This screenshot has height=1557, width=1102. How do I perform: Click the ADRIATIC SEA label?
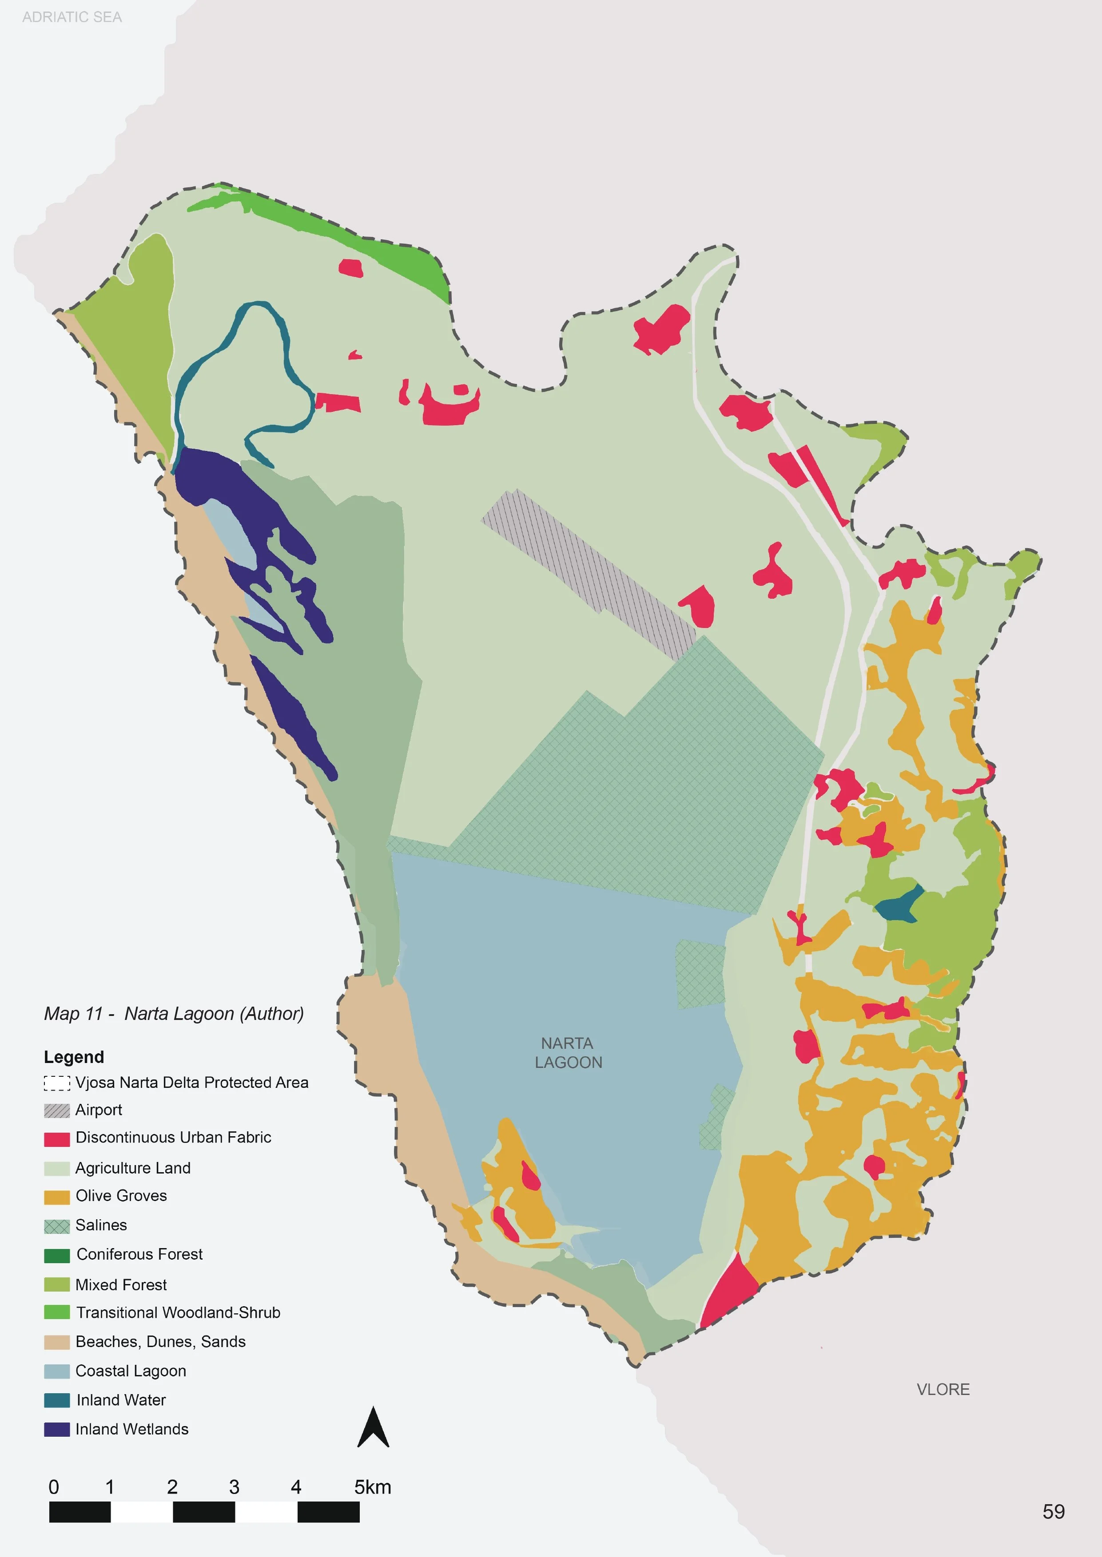[72, 17]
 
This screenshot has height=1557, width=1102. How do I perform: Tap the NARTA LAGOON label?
[568, 1052]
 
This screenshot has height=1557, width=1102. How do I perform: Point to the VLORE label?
[943, 1390]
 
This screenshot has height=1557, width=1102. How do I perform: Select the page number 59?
[1053, 1512]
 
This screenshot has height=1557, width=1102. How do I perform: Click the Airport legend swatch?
[57, 1110]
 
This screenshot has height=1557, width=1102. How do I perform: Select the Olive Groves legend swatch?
[57, 1197]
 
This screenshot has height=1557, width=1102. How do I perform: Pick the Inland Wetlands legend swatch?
[57, 1430]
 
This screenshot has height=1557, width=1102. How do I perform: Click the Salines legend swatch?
[57, 1226]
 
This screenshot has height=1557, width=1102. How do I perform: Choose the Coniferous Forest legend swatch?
[57, 1255]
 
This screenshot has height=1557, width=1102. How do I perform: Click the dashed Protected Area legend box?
[57, 1083]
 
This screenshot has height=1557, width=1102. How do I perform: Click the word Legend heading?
[74, 1056]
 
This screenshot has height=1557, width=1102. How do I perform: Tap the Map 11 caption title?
[174, 1013]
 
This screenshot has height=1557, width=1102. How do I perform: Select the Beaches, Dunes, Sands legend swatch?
[57, 1342]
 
